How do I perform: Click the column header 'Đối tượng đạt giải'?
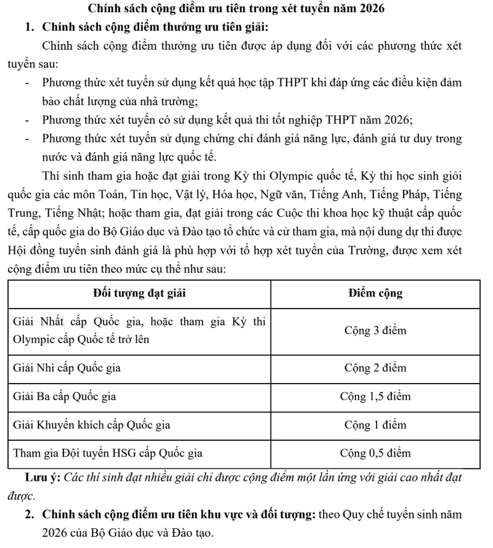(141, 294)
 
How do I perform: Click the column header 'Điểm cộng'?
(375, 294)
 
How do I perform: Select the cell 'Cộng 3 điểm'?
(375, 331)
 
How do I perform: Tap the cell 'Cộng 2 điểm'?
(375, 368)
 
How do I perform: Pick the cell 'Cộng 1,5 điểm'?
(375, 397)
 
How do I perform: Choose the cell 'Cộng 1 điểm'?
(375, 425)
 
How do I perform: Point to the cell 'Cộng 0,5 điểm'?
(375, 454)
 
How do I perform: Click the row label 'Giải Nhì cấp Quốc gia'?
(67, 368)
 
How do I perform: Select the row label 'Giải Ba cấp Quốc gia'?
(65, 397)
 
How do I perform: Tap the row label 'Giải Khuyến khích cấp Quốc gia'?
(92, 425)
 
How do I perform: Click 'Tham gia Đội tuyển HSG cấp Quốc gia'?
(108, 454)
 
